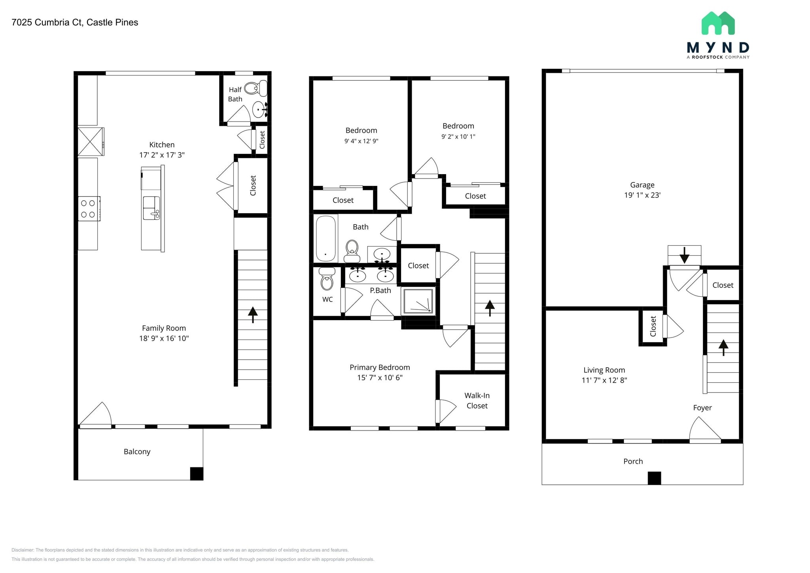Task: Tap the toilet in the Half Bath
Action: (256, 88)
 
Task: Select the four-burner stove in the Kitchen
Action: (89, 209)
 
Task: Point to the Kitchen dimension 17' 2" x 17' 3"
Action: (162, 155)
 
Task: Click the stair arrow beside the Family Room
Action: (253, 315)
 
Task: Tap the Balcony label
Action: (137, 452)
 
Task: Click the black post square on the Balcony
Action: (197, 474)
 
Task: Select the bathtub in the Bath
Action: (326, 238)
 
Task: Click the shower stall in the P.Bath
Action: (418, 301)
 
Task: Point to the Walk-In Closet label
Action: (477, 400)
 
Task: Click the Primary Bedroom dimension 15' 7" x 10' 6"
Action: (380, 378)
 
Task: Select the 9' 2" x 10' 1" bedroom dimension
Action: (458, 137)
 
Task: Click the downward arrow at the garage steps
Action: (684, 255)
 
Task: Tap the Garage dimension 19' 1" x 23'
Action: (642, 195)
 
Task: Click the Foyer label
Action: (702, 408)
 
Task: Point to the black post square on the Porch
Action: (654, 478)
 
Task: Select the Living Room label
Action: (604, 370)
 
